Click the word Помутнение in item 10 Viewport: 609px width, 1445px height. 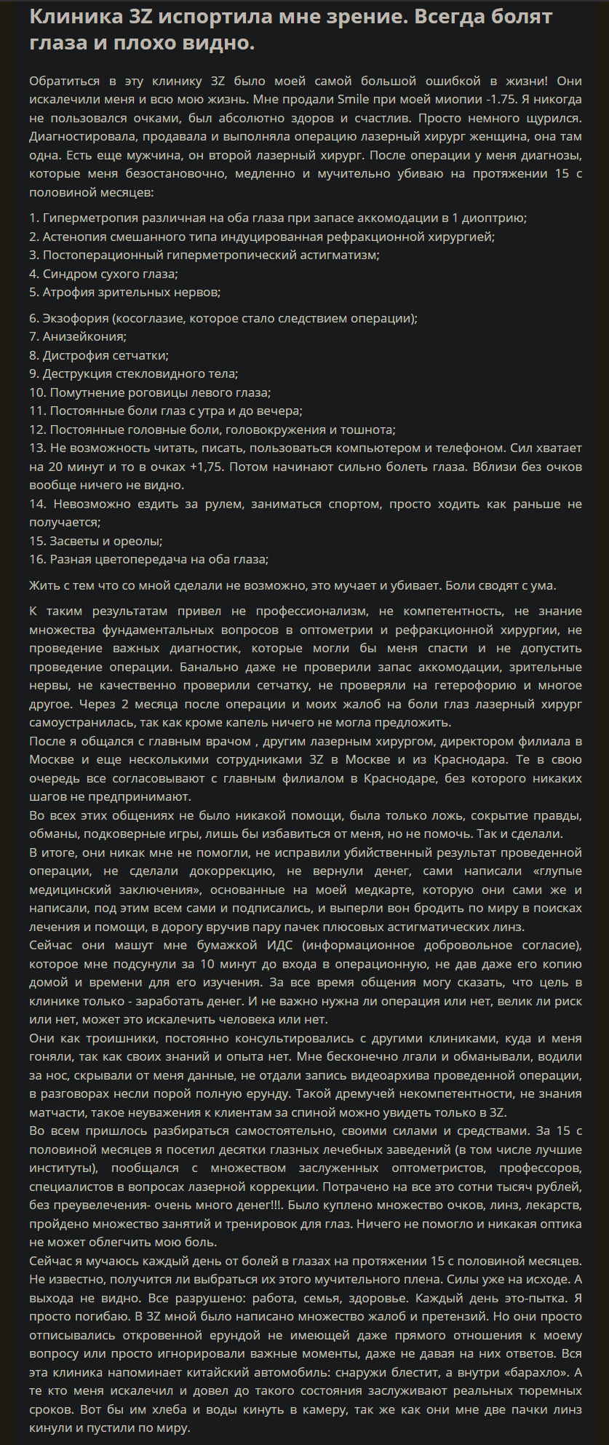point(84,392)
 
